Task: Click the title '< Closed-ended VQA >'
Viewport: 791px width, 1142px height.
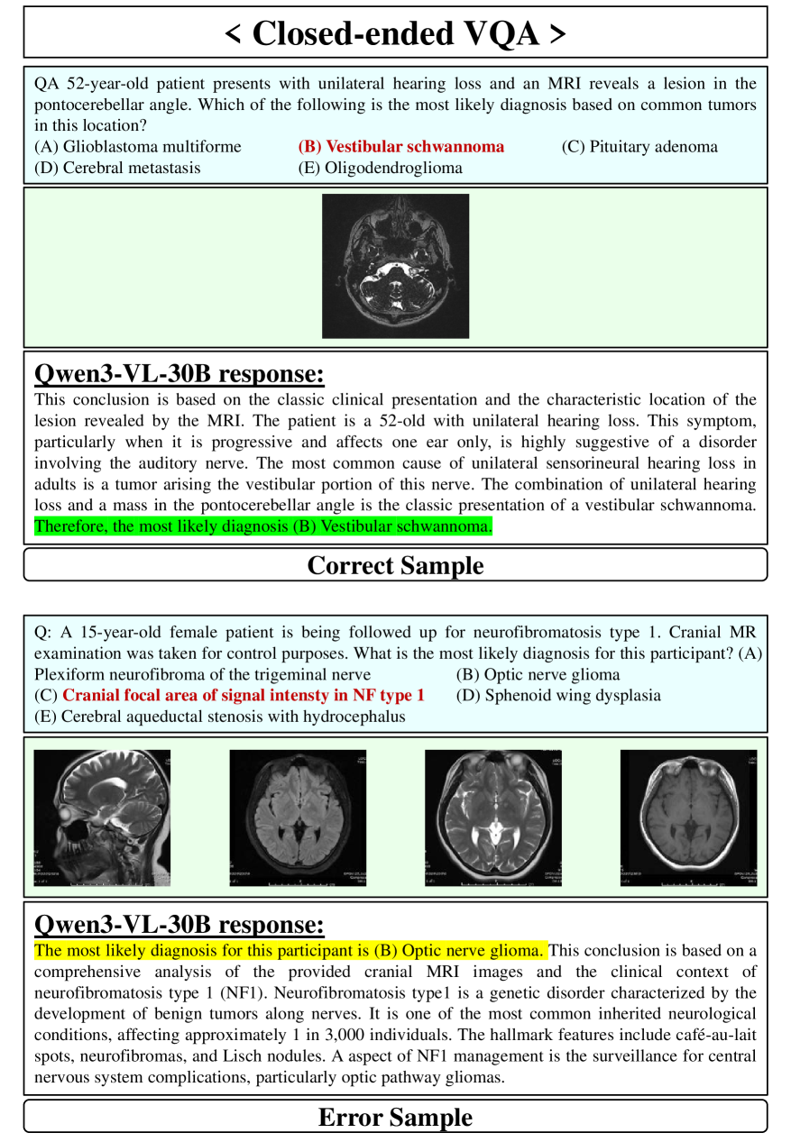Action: pyautogui.click(x=395, y=33)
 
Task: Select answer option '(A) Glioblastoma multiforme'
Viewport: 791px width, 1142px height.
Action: pyautogui.click(x=138, y=147)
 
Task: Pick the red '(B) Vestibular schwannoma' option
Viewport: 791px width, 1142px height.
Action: pyautogui.click(x=401, y=147)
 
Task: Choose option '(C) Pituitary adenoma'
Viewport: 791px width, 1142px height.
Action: pyautogui.click(x=639, y=147)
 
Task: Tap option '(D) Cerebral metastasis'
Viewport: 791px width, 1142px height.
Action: pyautogui.click(x=117, y=168)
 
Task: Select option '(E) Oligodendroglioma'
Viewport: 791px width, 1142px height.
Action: pyautogui.click(x=380, y=168)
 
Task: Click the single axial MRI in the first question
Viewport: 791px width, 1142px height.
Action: pyautogui.click(x=395, y=266)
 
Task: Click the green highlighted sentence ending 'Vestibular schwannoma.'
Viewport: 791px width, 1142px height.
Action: pyautogui.click(x=263, y=526)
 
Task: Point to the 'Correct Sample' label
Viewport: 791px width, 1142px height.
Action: pyautogui.click(x=395, y=565)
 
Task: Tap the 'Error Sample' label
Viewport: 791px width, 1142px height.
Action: pyautogui.click(x=395, y=1118)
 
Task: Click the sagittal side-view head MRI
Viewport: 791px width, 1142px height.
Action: pyautogui.click(x=102, y=818)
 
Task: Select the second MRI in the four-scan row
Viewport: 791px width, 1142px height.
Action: pyautogui.click(x=298, y=818)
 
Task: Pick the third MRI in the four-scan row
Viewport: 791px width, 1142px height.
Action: pyautogui.click(x=493, y=818)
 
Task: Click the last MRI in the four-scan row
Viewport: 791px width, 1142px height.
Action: pyautogui.click(x=688, y=818)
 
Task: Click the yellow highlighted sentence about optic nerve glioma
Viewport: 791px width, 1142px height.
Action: pyautogui.click(x=290, y=950)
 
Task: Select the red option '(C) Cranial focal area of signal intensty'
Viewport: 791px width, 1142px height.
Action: pyautogui.click(x=230, y=696)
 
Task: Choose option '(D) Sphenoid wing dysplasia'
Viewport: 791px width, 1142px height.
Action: pyautogui.click(x=558, y=696)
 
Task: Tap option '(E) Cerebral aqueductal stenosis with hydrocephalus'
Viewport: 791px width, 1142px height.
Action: pyautogui.click(x=220, y=717)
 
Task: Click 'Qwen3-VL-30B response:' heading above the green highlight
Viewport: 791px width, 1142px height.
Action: pyautogui.click(x=179, y=374)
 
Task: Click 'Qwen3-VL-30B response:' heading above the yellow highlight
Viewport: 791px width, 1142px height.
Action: pyautogui.click(x=179, y=925)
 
